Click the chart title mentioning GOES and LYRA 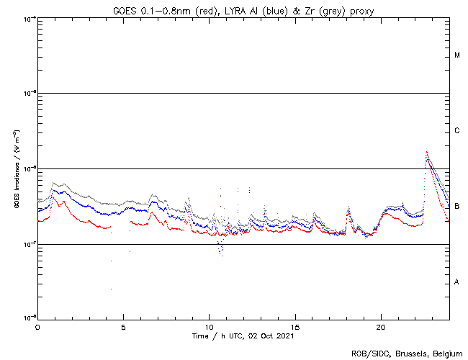click(244, 9)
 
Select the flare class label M click(457, 55)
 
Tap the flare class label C click(457, 131)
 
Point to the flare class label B click(457, 207)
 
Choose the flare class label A click(457, 282)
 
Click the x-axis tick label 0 click(37, 326)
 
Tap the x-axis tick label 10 click(209, 326)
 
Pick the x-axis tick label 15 click(295, 326)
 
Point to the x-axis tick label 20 click(381, 326)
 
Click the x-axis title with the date click(244, 336)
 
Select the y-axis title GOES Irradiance click(15, 168)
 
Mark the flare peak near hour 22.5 click(427, 152)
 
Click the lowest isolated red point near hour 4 click(111, 289)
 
